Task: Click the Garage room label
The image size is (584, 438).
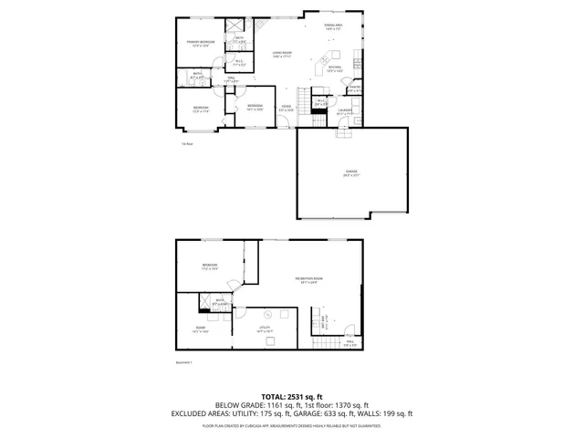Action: [351, 172]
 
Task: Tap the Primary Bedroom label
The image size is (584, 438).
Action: [201, 43]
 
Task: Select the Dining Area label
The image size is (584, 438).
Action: [333, 28]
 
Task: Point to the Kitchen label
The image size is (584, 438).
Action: [335, 68]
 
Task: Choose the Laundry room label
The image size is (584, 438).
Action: [344, 111]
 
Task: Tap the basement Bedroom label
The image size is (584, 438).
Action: [211, 266]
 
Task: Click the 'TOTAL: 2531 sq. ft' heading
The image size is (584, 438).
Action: [292, 397]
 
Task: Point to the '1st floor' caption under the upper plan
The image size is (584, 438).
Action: [186, 142]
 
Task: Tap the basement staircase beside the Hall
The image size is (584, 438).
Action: [323, 343]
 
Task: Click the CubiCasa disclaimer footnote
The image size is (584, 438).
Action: [292, 425]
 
